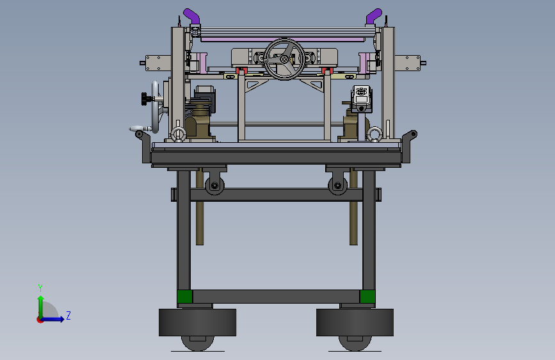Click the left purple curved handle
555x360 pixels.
[191, 16]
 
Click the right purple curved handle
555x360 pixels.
[374, 16]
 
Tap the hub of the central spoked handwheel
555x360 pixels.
[284, 60]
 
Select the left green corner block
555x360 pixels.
[184, 297]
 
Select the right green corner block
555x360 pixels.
[367, 297]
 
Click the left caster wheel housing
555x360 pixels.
[198, 322]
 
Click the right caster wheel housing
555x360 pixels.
[355, 322]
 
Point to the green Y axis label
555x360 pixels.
[40, 288]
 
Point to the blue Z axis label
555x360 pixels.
[68, 315]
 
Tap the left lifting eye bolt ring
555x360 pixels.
[179, 135]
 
